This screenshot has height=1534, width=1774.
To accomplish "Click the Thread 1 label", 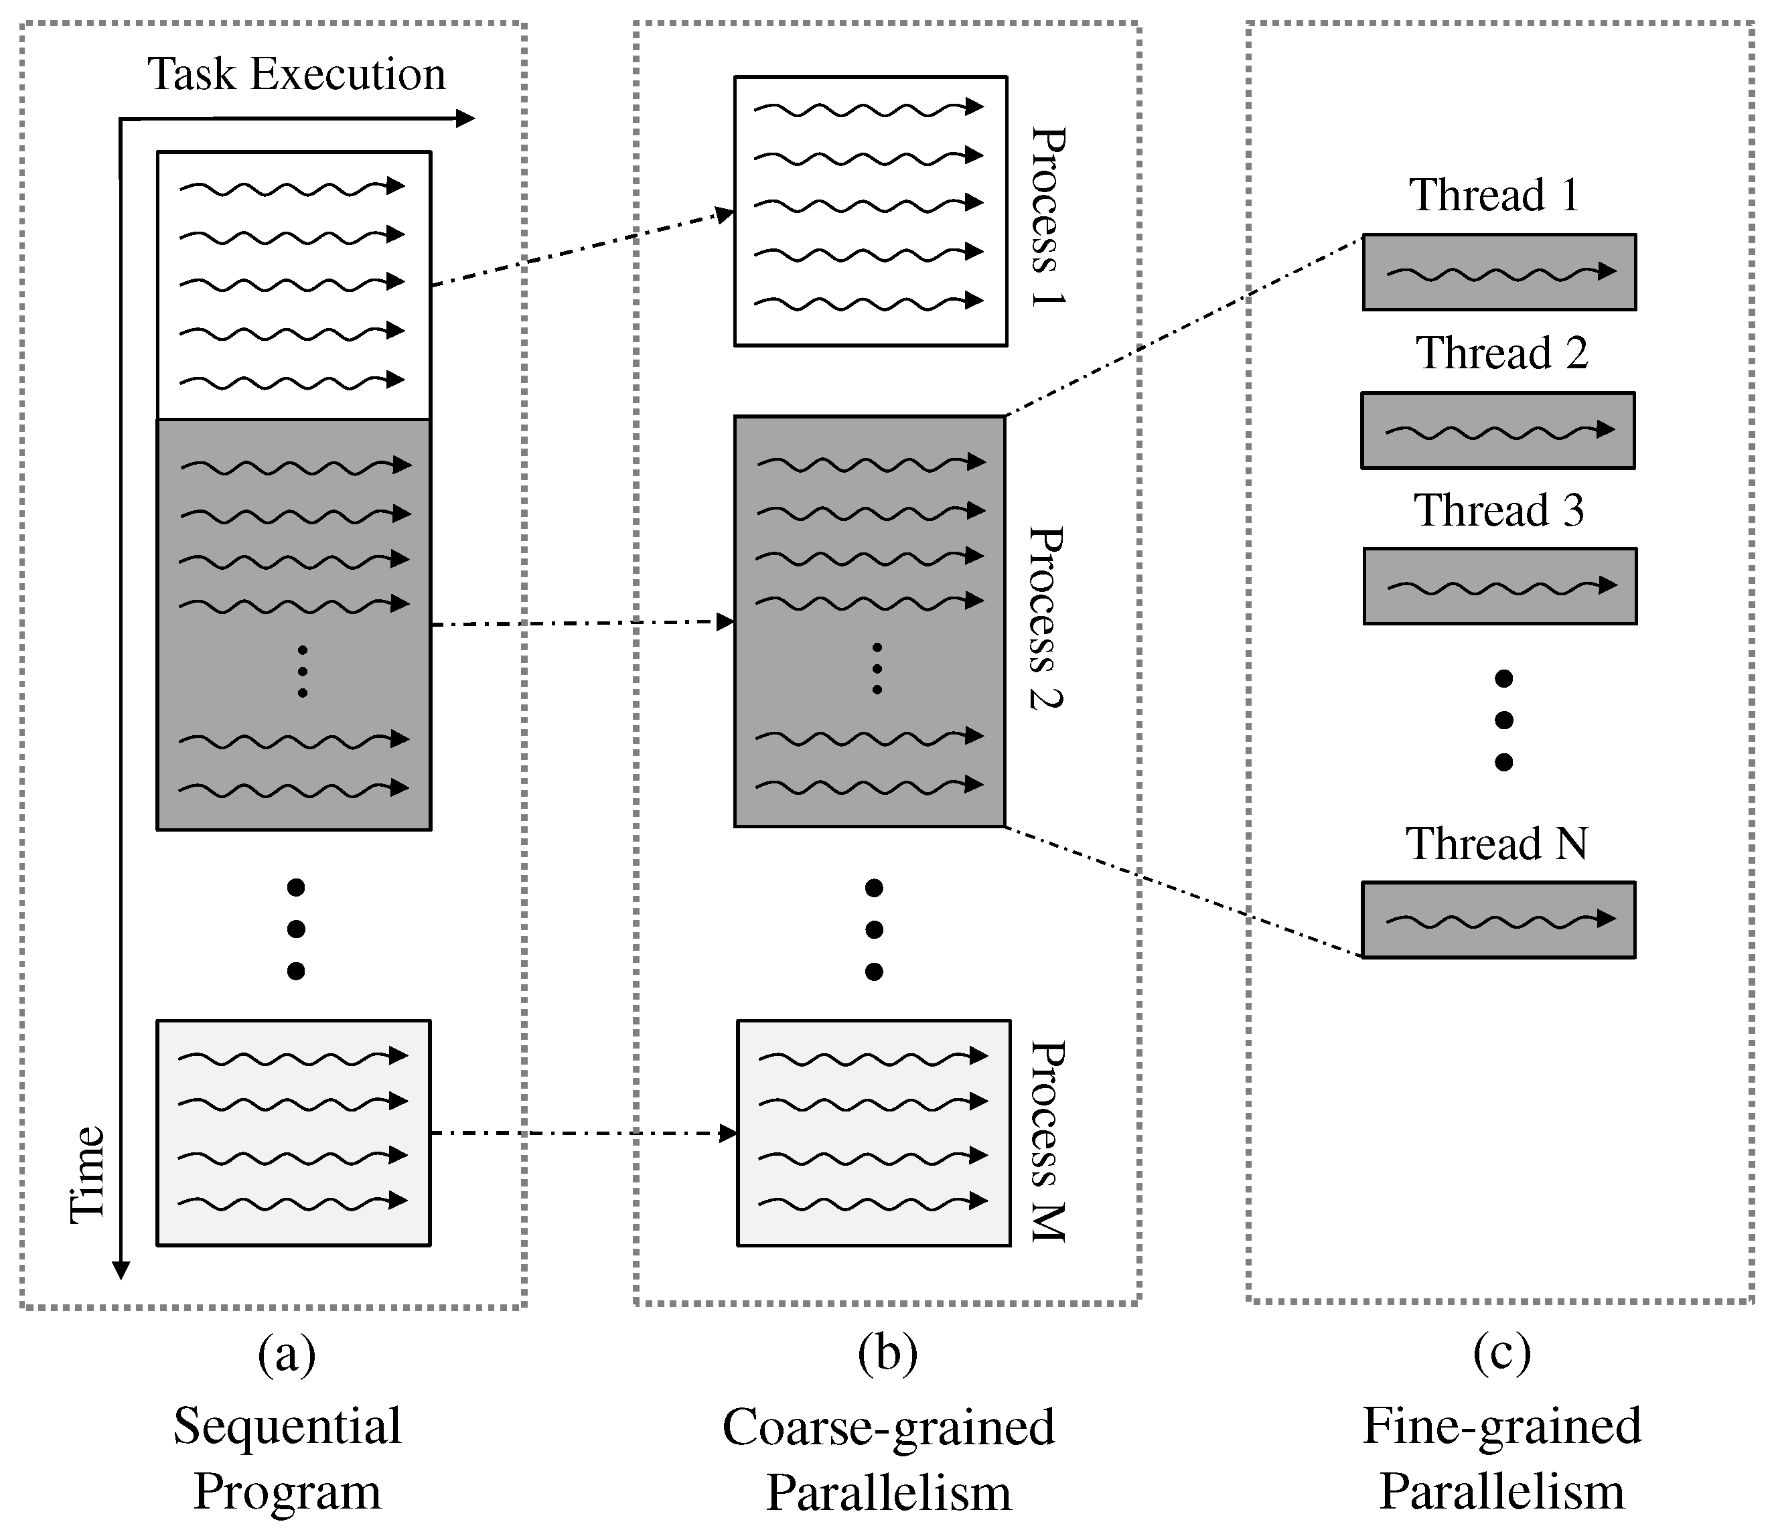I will click(x=1494, y=195).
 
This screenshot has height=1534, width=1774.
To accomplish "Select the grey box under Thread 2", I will click(x=1497, y=431).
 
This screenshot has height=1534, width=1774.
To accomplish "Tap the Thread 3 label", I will click(x=1498, y=511).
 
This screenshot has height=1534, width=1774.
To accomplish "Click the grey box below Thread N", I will click(x=1498, y=919).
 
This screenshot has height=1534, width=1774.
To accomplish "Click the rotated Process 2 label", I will click(x=1046, y=618).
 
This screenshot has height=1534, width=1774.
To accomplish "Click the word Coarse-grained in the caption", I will click(x=888, y=1427).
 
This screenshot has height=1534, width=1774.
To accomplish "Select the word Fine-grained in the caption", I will click(x=1501, y=1427).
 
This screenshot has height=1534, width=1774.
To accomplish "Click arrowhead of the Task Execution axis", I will click(x=465, y=118).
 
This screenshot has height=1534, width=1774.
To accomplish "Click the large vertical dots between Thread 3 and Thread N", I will click(x=1503, y=720).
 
